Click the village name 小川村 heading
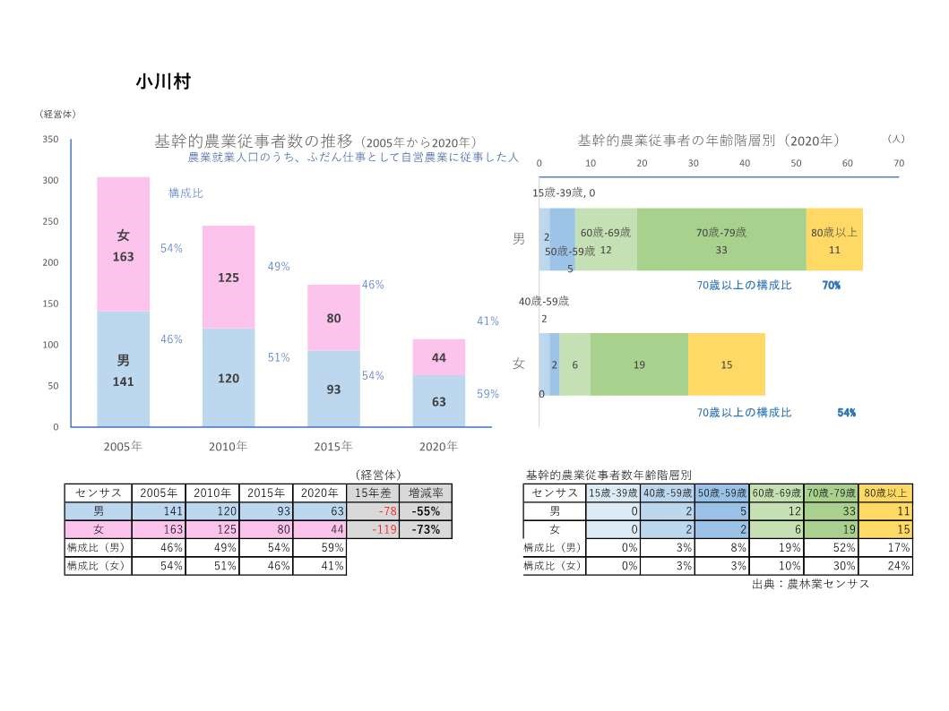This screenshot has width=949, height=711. coord(162,81)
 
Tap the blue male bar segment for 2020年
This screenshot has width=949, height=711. coord(438,400)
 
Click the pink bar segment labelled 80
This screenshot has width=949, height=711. coord(333,317)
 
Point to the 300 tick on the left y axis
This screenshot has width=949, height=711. coord(51,181)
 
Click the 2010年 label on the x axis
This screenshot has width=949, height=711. coord(228,446)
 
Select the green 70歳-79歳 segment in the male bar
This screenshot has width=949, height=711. coord(721,240)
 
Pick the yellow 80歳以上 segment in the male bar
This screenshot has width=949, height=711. coord(834,240)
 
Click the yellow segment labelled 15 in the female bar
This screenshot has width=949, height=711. coord(727,364)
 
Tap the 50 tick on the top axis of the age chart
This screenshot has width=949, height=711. coord(796,163)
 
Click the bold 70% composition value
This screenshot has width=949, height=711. coord(831,286)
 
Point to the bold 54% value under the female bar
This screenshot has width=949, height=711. coord(846,413)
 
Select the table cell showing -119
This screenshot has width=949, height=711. coord(373,529)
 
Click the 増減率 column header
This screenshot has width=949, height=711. coord(426,493)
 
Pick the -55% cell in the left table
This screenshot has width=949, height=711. coord(426,511)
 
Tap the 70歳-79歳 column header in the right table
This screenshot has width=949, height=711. coord(831,493)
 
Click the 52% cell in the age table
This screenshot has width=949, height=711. coord(831,547)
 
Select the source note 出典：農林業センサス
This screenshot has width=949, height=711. coord(811,584)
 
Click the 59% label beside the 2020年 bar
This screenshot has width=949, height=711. coord(487,393)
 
